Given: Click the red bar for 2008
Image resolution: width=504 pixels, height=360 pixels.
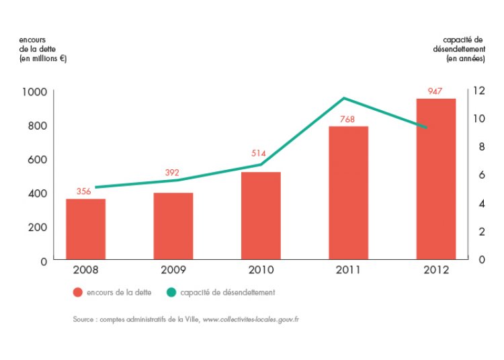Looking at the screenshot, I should click(85, 228).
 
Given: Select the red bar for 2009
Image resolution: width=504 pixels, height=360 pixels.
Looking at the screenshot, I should click(173, 226).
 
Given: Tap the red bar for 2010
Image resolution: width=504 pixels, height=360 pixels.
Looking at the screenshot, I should click(261, 215).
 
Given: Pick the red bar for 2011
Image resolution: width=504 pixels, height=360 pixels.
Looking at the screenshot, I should click(348, 192).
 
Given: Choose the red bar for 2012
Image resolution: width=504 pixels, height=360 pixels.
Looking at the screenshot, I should click(435, 178).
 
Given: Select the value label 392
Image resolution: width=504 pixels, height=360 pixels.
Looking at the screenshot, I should click(173, 173).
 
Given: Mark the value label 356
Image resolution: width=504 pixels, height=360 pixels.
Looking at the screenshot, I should click(84, 191).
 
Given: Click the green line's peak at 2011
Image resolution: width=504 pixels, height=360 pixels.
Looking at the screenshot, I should click(344, 98).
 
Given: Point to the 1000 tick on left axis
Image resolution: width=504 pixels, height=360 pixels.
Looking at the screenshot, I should click(33, 91).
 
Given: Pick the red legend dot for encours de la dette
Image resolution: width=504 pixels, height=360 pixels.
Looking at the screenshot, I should click(77, 292).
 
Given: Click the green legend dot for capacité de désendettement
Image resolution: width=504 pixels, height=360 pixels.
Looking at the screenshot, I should click(171, 292).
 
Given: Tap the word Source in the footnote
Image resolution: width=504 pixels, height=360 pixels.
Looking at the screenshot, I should click(84, 319).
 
